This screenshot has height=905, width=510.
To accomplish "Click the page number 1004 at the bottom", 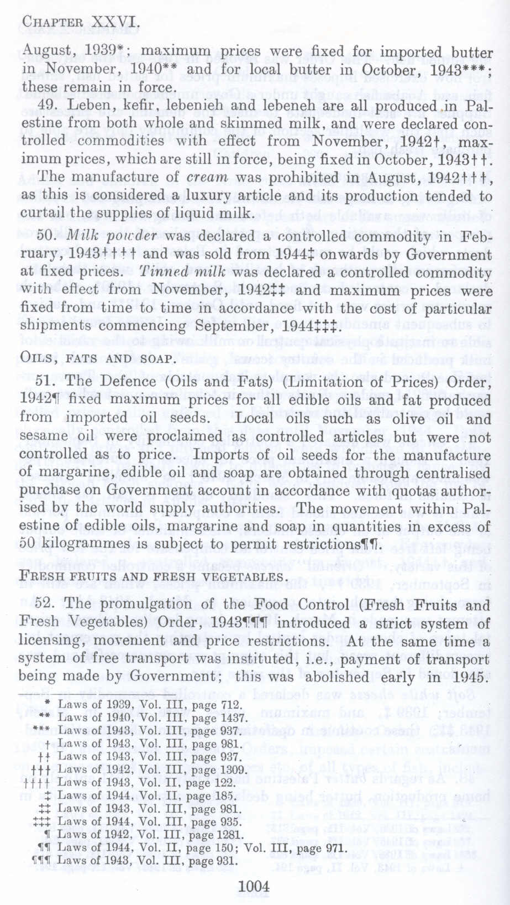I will [x=254, y=886].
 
